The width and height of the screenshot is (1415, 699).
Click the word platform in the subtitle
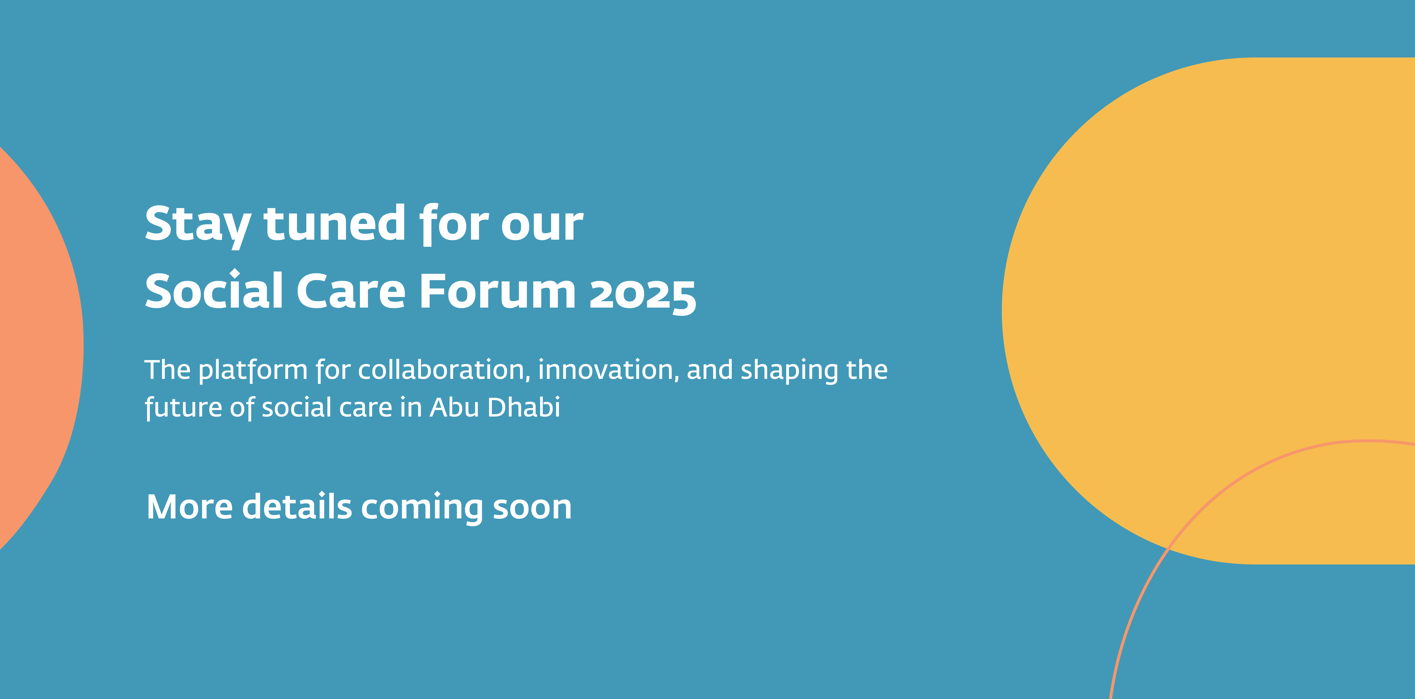click(x=253, y=370)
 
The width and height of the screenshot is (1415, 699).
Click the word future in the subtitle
click(x=183, y=408)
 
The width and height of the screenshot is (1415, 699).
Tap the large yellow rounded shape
click(x=1208, y=308)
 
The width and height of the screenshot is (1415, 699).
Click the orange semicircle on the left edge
click(x=38, y=346)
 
